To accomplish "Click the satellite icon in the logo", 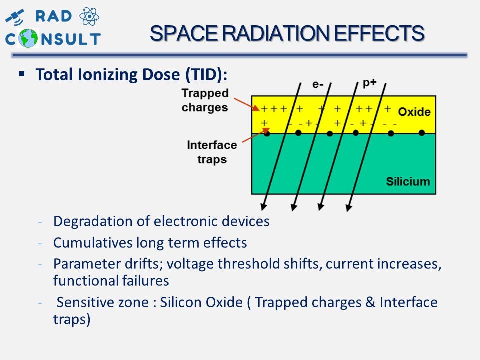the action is click(x=14, y=17).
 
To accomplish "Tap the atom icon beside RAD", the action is click(x=89, y=16).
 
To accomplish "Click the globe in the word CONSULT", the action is click(x=28, y=38).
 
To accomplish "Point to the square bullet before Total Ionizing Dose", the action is click(x=21, y=74).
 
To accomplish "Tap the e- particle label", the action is click(x=318, y=84).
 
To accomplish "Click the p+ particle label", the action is click(x=370, y=83).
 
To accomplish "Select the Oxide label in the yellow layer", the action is click(x=414, y=112).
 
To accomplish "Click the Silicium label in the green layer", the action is click(x=408, y=181).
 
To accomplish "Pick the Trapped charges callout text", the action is click(x=205, y=100).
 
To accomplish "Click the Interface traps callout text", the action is click(x=212, y=152).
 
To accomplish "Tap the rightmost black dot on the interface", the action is click(x=422, y=133).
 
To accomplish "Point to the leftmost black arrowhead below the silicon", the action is click(x=263, y=207).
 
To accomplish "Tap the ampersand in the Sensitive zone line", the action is click(x=370, y=302).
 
